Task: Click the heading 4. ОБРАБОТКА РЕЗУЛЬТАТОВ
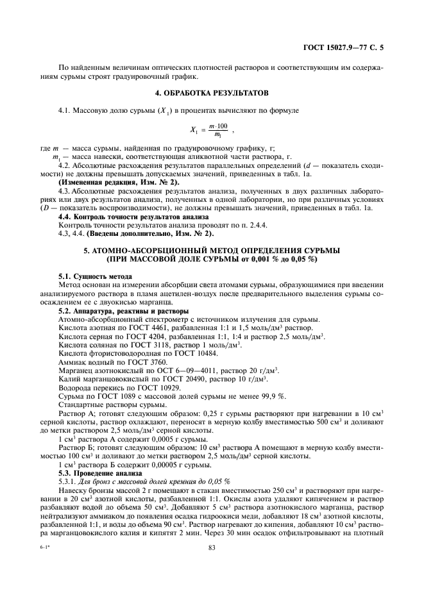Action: coord(212,94)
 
